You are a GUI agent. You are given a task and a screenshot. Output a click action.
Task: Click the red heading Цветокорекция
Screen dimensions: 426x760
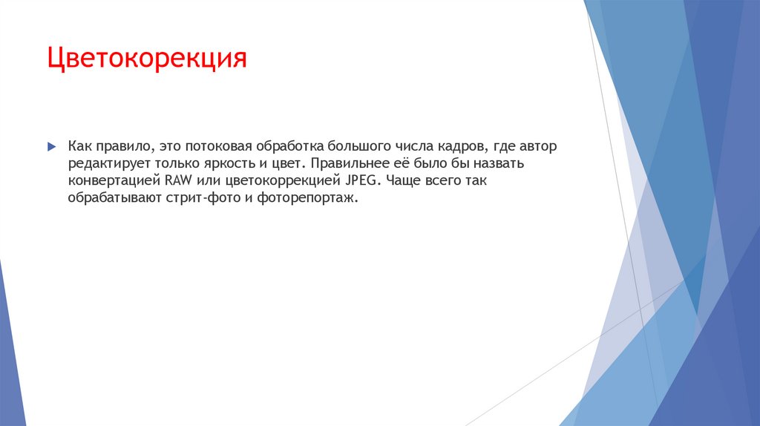tap(146, 58)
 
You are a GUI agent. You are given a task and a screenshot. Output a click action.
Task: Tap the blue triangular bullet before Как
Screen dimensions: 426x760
tap(50, 146)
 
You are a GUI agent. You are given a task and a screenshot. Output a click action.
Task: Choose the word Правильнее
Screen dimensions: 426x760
tap(348, 163)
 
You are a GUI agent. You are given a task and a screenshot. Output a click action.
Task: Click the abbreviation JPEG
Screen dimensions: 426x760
tap(361, 181)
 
